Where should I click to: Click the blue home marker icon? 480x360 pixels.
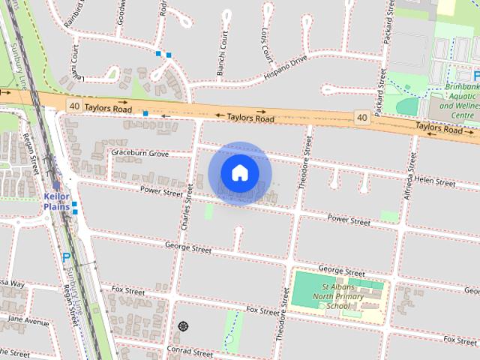[x=239, y=173]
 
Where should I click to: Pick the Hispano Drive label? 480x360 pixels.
[x=286, y=67]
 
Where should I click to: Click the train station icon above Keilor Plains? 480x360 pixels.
[x=56, y=185]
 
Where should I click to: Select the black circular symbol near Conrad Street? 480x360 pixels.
[x=183, y=326]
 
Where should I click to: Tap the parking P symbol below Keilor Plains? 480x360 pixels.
[x=66, y=258]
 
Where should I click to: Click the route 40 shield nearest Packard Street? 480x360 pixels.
[x=362, y=118]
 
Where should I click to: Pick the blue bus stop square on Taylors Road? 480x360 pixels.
[x=145, y=113]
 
